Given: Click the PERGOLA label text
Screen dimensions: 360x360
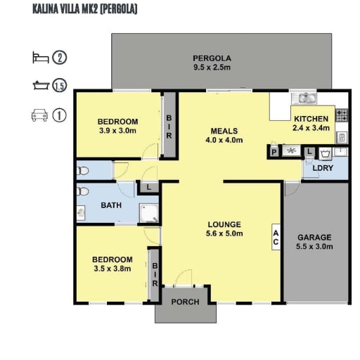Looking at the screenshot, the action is point(212,58).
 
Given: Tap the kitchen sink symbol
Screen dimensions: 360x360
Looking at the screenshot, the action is point(304,98).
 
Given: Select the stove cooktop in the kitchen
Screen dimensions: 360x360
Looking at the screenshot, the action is point(342,115).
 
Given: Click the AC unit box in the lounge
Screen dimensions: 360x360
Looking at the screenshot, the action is point(276,237).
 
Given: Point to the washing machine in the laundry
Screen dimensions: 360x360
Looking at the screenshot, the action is point(325,154).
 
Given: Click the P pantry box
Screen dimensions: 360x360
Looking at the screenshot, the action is point(274,152).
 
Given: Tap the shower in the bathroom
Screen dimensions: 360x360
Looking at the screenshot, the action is point(149,213).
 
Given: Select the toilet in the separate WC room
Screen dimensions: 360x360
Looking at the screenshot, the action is point(82,171).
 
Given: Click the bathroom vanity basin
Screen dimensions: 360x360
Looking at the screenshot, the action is point(81,213).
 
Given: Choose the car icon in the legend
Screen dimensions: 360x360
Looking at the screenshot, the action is point(39,115).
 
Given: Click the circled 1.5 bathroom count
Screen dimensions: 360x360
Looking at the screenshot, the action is point(60,86).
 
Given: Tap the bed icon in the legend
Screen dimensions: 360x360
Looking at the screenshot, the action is point(41,58).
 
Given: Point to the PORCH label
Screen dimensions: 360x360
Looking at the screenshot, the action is point(185,302).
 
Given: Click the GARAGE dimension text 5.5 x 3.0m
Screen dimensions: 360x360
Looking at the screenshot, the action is point(314,247).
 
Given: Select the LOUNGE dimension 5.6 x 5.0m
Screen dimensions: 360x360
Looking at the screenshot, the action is point(224,233).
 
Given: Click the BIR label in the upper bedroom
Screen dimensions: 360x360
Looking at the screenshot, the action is point(169,127).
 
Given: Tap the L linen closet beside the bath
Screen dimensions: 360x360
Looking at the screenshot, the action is point(149,187).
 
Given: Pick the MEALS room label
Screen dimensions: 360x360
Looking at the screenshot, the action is point(224,131).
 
